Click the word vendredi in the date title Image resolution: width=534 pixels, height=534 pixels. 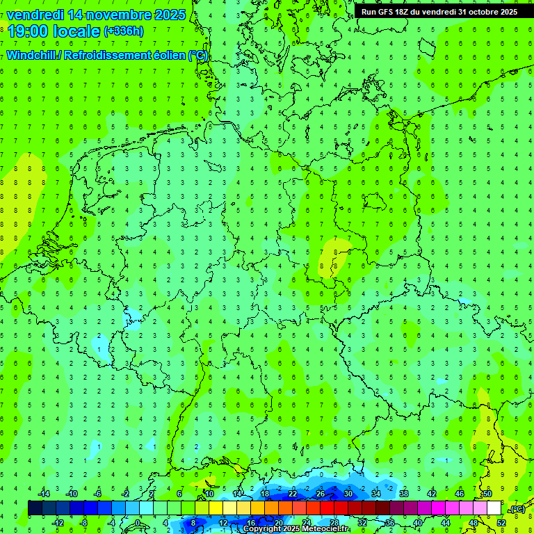(35, 15)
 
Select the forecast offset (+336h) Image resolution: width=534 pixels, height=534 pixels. (124, 32)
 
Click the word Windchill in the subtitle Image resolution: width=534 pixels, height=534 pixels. (32, 56)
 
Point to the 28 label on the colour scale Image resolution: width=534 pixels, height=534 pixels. (334, 522)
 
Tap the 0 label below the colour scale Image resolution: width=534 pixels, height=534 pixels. (138, 522)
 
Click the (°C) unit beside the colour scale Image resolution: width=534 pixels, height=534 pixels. (517, 509)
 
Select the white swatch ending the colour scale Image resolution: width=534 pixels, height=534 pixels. (494, 508)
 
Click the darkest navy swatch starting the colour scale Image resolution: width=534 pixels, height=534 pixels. (35, 508)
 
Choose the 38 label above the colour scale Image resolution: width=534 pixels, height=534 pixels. (403, 494)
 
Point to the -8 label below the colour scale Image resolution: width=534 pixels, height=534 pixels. (84, 522)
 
